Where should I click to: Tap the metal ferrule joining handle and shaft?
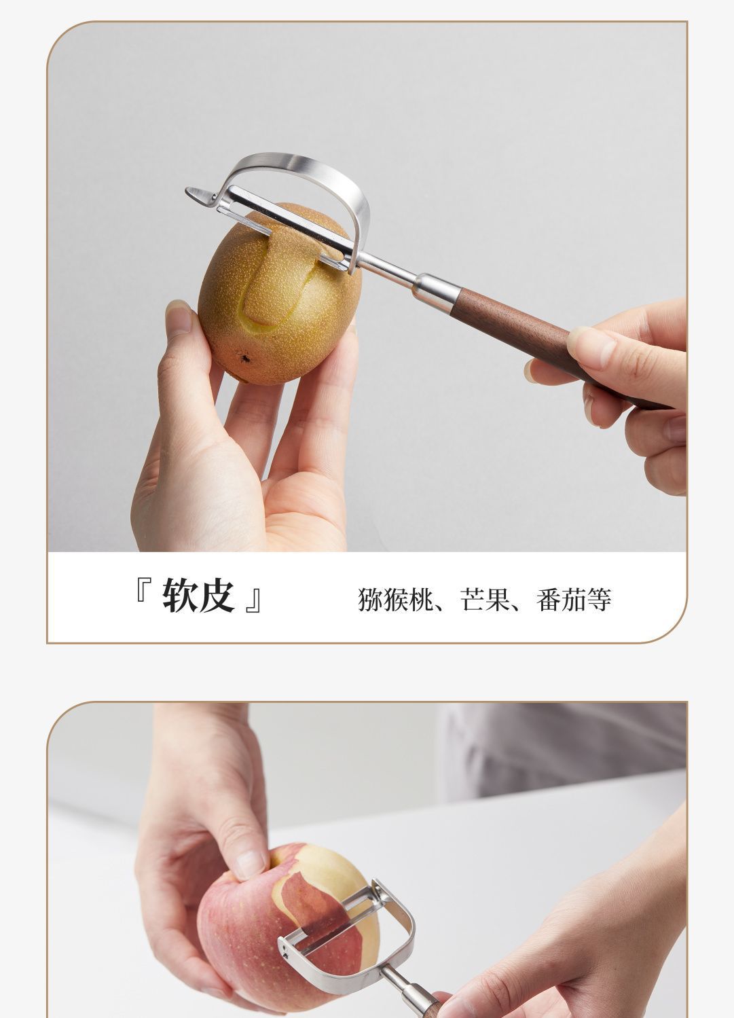pyautogui.click(x=435, y=289)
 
